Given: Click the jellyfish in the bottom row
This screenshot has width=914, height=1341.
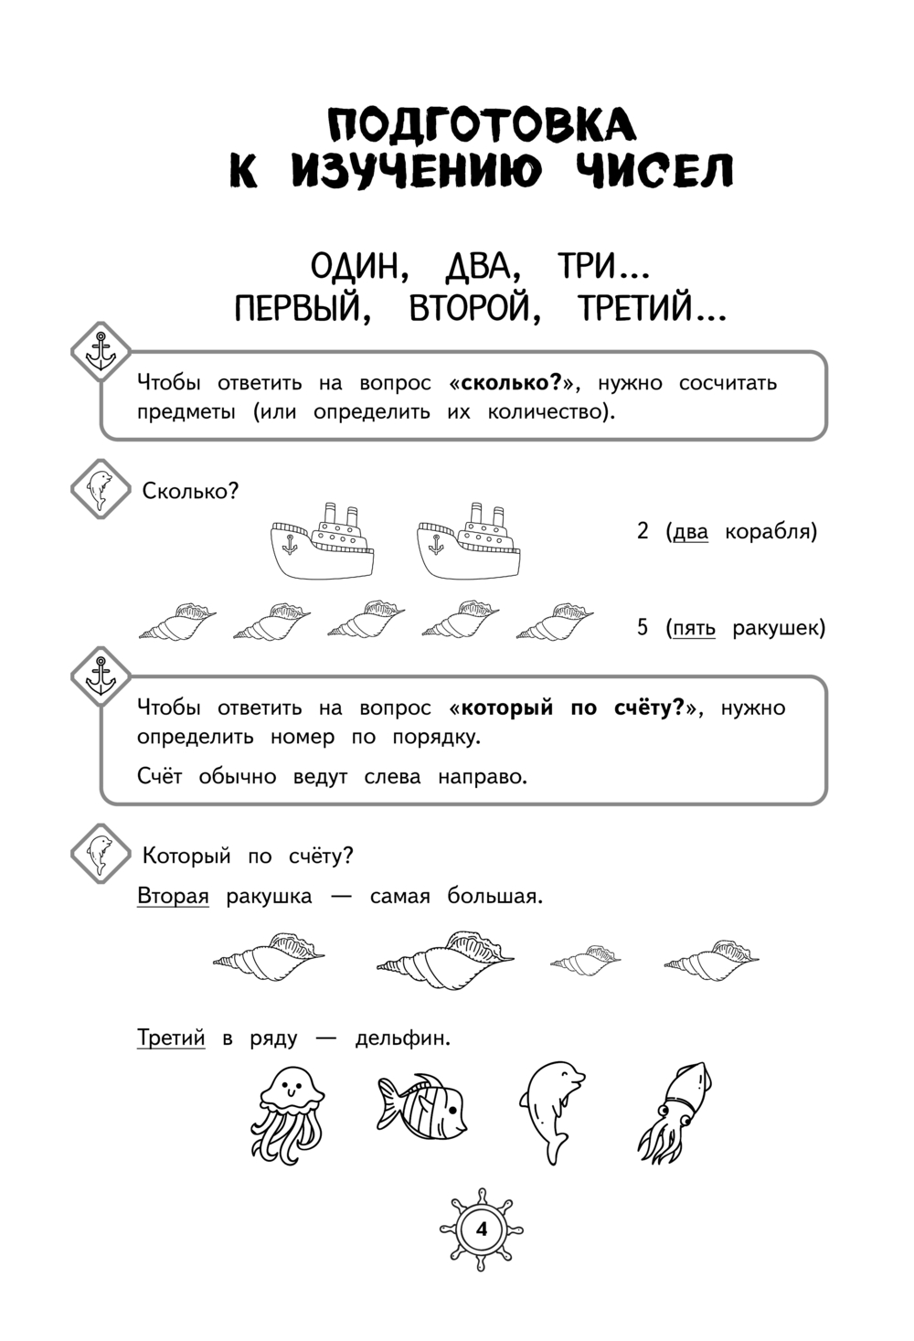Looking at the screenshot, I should [287, 1112].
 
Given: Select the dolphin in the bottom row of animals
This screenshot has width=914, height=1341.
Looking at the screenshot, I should [551, 1111].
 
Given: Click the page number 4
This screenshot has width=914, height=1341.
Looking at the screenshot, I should [482, 1229].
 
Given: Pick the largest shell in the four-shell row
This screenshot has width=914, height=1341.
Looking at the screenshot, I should [445, 960].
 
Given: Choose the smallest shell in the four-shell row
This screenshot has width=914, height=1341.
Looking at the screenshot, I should [585, 961].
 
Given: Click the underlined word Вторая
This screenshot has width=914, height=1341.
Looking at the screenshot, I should [173, 896].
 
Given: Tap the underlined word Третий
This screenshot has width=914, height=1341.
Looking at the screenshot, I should [171, 1038].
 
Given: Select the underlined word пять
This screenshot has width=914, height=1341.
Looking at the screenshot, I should [694, 628].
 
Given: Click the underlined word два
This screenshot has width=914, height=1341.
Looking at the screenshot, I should [690, 532].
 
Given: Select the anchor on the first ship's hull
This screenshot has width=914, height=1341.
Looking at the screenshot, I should [290, 546].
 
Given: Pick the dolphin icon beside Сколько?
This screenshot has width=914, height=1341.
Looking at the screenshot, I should [100, 490].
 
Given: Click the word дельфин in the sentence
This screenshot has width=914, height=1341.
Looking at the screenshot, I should [402, 1038].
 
